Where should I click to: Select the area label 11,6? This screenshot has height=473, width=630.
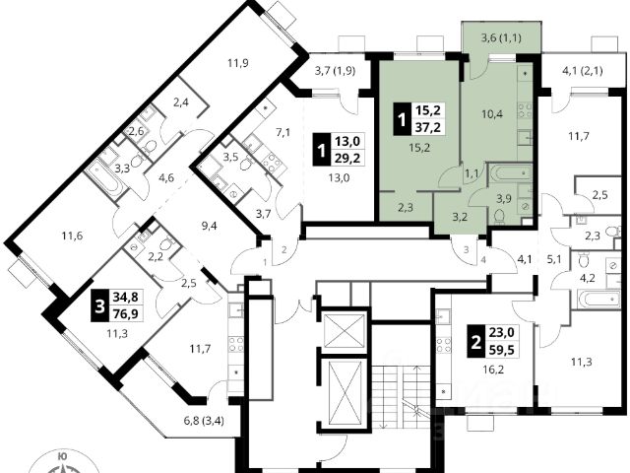point(70,236)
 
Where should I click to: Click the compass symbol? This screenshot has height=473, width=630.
point(63,461)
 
